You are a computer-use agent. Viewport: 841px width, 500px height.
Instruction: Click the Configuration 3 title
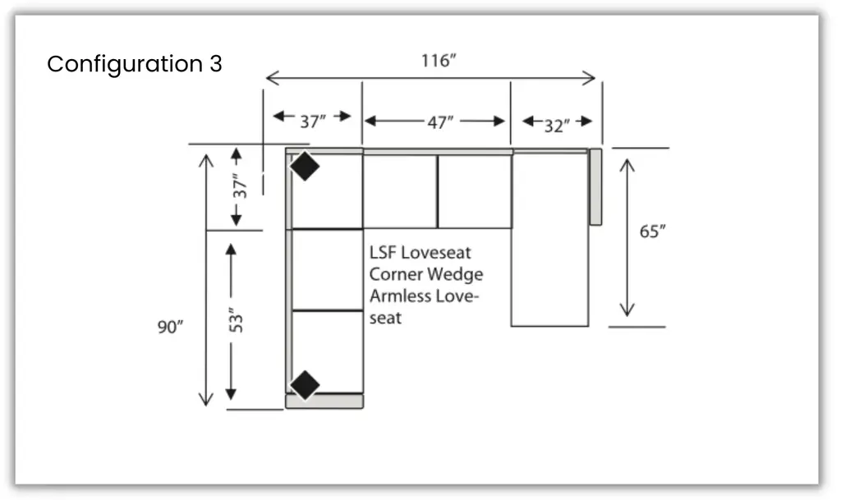134,64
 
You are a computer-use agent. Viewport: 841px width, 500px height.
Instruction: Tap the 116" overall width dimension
438,61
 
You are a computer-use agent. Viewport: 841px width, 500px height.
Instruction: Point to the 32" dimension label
556,126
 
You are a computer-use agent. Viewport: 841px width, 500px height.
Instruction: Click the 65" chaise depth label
653,232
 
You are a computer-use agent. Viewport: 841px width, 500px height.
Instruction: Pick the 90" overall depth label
170,327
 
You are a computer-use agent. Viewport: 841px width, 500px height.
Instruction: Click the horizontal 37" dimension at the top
312,122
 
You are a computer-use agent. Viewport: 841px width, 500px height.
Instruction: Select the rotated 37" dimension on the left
239,186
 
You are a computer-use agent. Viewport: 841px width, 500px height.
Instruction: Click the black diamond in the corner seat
305,167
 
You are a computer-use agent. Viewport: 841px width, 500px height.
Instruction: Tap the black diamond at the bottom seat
305,384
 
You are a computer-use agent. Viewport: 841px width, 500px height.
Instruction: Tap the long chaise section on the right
549,246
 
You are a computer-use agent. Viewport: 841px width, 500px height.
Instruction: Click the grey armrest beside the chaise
595,186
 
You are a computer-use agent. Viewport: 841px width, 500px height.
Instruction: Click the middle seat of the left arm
327,270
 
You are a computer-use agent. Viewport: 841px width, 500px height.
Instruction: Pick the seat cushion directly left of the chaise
474,191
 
